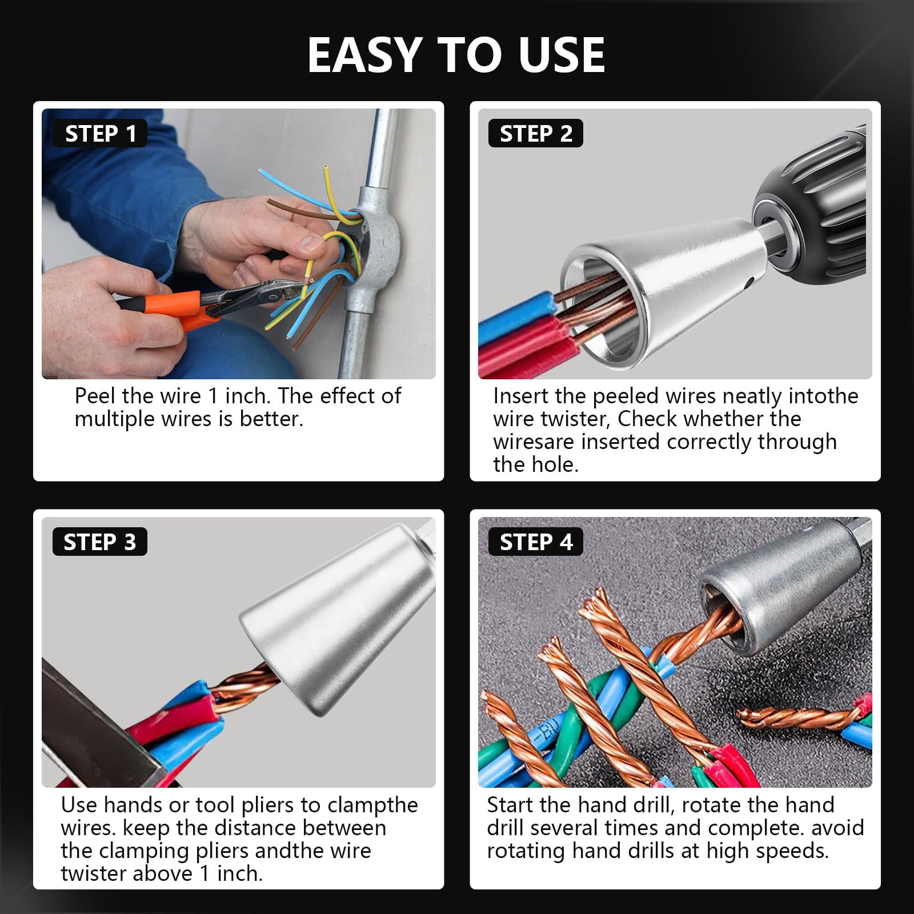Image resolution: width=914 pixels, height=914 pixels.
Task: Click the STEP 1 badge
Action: (x=100, y=133)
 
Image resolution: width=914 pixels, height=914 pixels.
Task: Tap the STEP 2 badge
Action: (x=535, y=133)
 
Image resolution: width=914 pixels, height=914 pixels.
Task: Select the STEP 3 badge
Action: (x=100, y=542)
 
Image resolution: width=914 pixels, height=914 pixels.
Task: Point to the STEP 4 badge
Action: (x=535, y=542)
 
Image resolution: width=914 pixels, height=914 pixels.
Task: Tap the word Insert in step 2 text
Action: (x=521, y=396)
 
